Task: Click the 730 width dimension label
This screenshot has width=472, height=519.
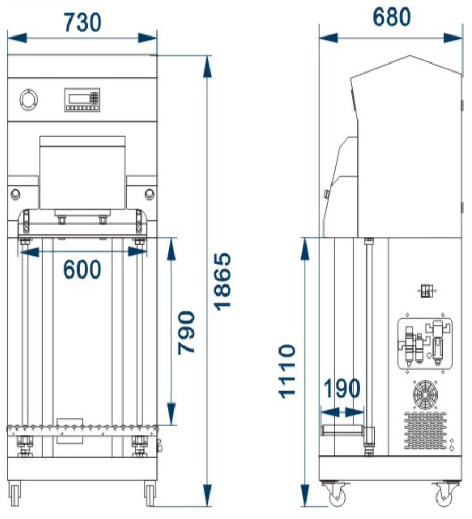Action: click(x=83, y=22)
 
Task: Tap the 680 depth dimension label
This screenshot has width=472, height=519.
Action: click(x=392, y=17)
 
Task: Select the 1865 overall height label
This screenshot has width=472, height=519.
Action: click(x=222, y=282)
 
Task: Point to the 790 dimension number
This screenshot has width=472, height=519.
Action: click(x=186, y=333)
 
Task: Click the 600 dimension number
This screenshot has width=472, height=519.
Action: click(x=82, y=269)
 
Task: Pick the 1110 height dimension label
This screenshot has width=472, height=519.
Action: click(x=287, y=371)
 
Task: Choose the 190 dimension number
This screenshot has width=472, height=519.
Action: click(x=342, y=388)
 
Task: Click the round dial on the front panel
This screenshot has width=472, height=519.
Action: click(x=28, y=100)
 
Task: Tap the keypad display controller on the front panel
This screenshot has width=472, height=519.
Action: click(x=82, y=100)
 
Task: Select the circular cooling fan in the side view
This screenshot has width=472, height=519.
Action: click(x=425, y=395)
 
